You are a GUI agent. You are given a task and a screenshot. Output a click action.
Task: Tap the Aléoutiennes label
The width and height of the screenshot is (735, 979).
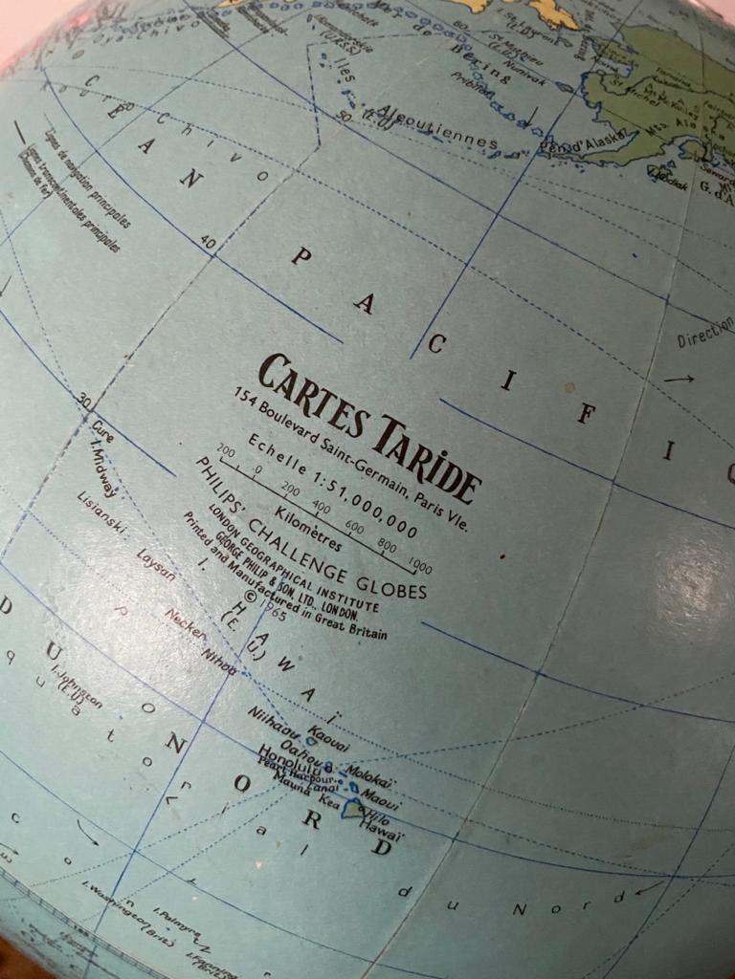pyautogui.click(x=436, y=128)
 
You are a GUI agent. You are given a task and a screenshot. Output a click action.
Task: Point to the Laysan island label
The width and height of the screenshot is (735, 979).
pyautogui.click(x=156, y=565)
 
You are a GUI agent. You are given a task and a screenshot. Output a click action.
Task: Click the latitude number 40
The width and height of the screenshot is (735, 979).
pyautogui.click(x=208, y=243)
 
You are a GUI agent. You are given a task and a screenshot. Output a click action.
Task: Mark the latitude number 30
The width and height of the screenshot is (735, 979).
pyautogui.click(x=86, y=401)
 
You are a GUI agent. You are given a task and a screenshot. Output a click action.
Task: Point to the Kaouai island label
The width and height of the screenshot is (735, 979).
pyautogui.click(x=329, y=739)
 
